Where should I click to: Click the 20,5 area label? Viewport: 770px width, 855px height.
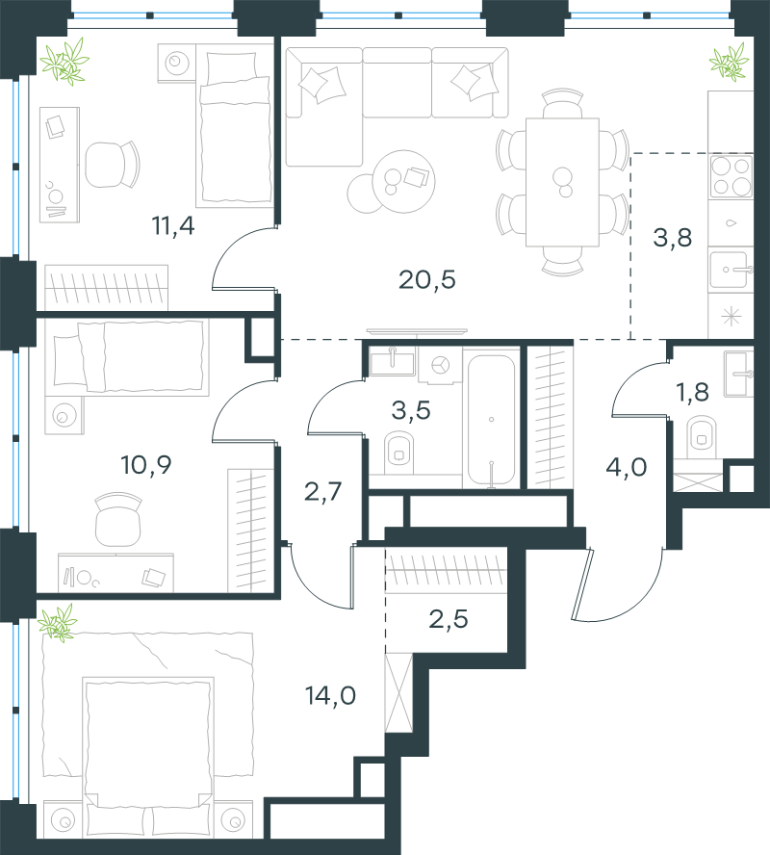(426, 280)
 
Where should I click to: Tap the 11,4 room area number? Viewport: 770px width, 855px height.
(173, 225)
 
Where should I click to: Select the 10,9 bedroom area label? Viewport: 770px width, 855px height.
(146, 465)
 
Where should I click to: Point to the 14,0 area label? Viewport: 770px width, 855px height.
(330, 696)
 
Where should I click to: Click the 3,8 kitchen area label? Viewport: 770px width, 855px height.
(673, 238)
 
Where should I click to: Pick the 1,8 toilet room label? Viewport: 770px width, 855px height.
(692, 392)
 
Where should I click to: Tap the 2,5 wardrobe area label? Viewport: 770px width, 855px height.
(448, 619)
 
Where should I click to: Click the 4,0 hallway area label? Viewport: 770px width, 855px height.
(627, 467)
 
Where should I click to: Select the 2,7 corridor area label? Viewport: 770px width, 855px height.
(322, 491)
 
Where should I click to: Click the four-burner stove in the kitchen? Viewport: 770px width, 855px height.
(731, 176)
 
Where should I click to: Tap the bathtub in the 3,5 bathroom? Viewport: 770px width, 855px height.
(491, 420)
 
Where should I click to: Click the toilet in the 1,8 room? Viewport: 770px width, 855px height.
(702, 437)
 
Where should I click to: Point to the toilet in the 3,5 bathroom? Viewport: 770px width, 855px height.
(398, 452)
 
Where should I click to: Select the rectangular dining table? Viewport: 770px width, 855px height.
(562, 182)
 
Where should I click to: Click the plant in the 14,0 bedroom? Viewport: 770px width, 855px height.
(58, 622)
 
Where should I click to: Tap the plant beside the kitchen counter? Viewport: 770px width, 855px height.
(729, 63)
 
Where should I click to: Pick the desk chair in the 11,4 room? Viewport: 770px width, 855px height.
(113, 164)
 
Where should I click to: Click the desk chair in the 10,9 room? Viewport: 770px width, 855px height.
(118, 519)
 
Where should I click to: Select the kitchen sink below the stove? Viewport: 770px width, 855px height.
(731, 270)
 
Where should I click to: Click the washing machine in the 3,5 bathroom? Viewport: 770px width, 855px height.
(440, 364)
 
